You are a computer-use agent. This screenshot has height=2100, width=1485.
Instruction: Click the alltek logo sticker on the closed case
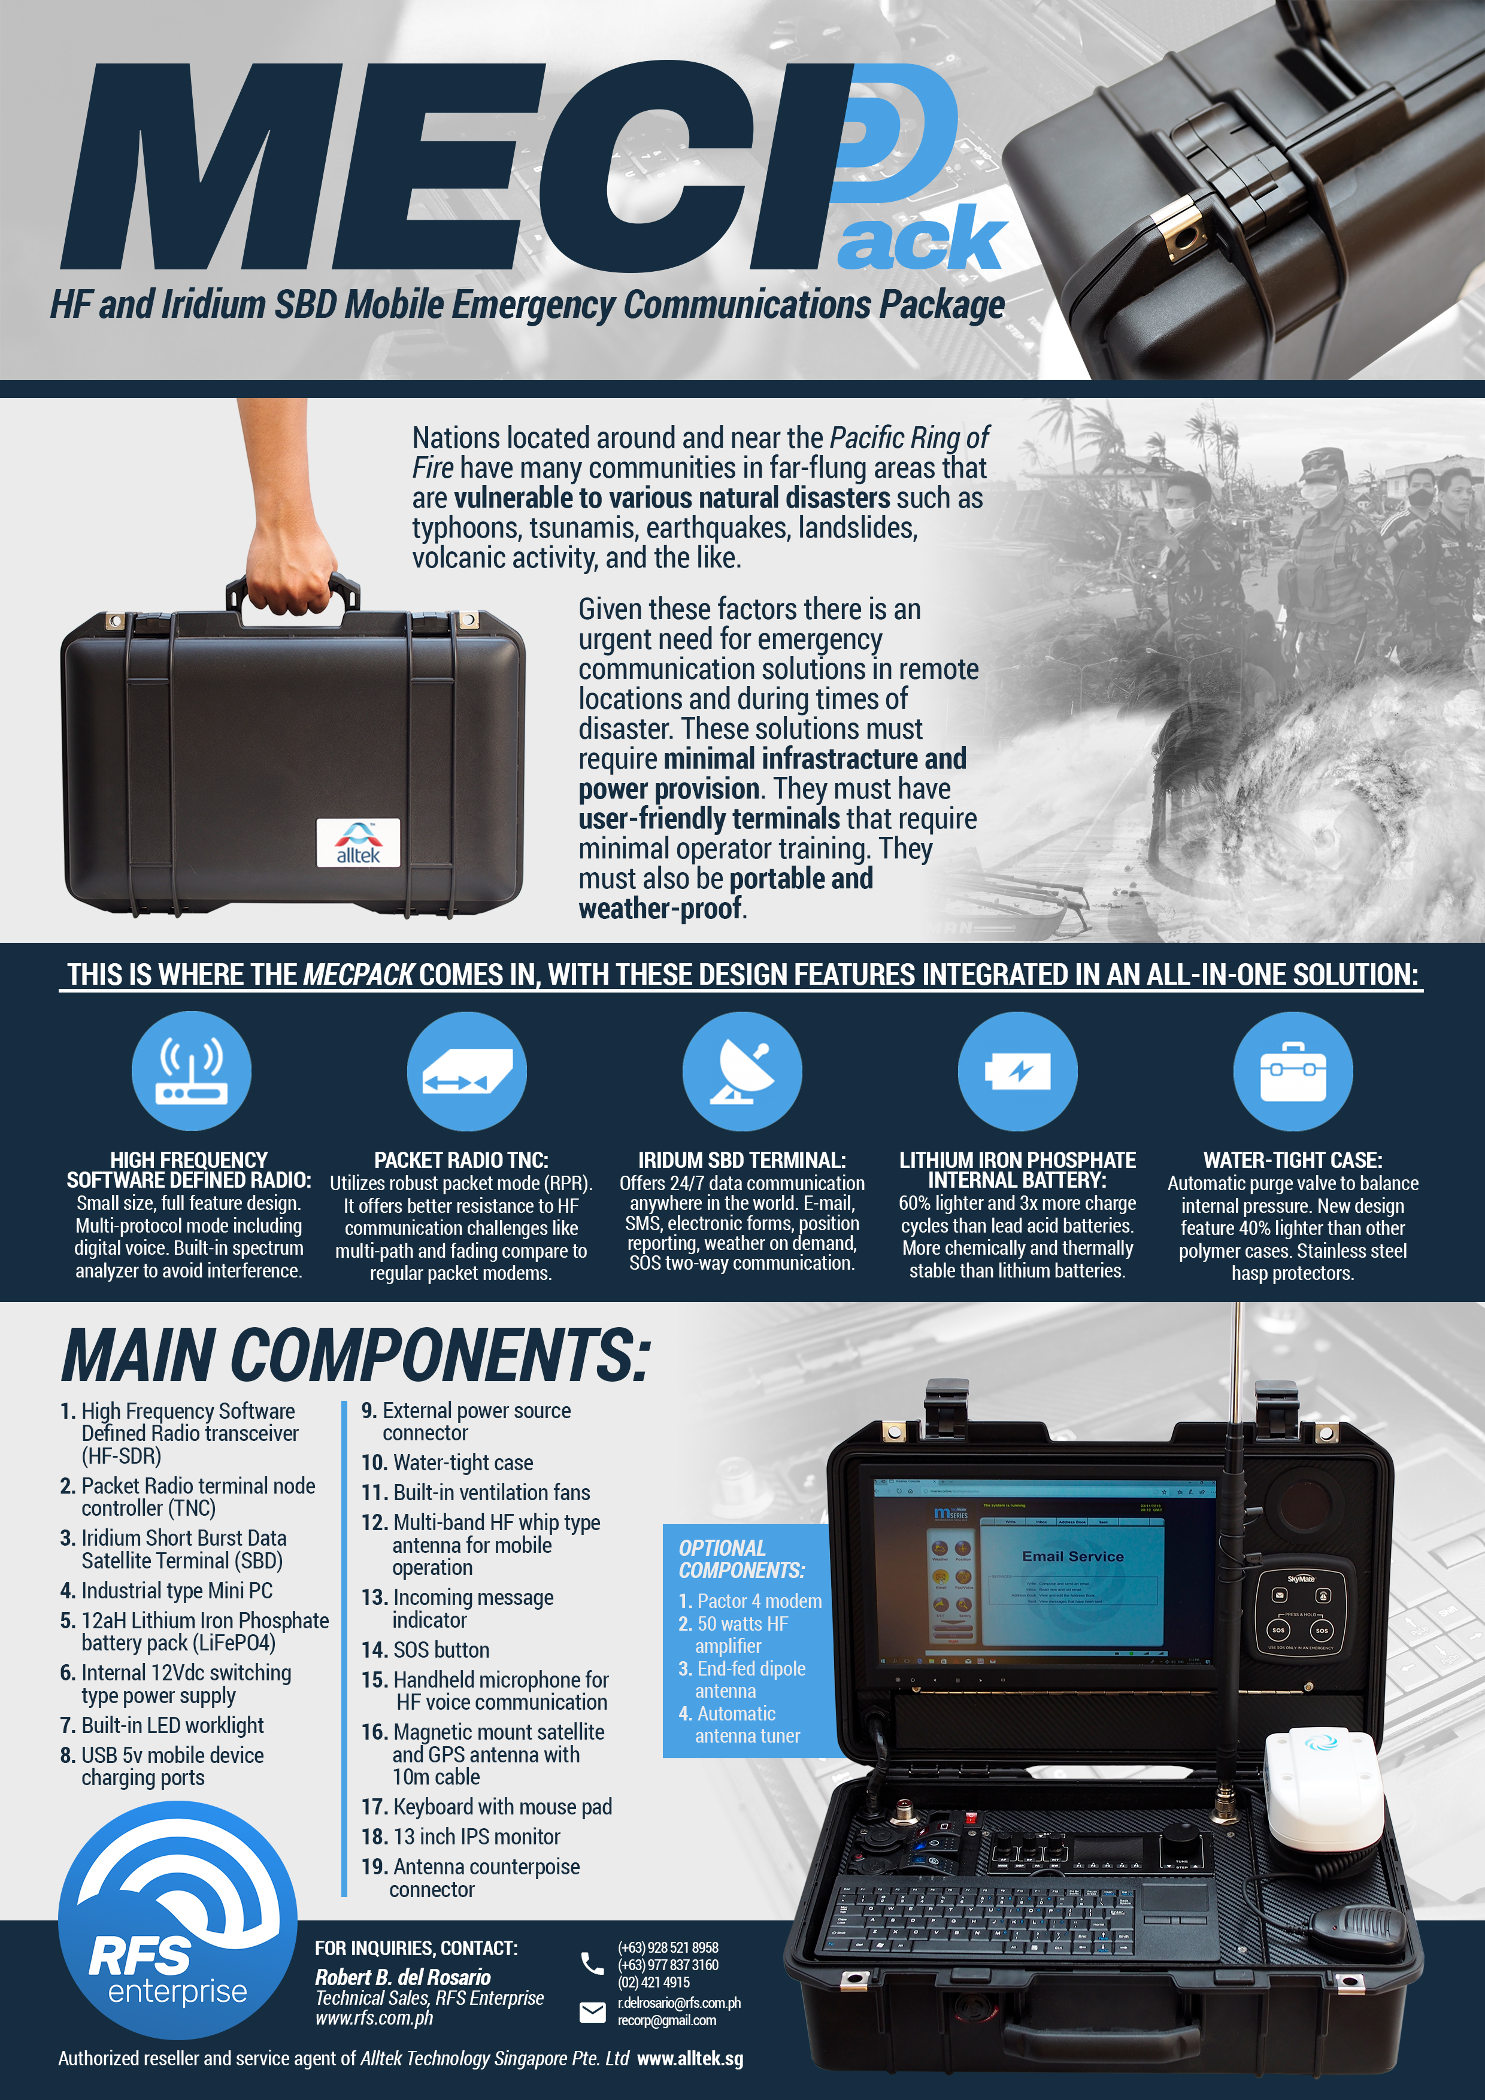click(357, 842)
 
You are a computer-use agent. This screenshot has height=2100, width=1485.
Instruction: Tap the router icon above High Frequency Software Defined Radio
click(191, 1070)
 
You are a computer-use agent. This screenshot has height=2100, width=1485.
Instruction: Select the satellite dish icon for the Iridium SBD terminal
click(742, 1070)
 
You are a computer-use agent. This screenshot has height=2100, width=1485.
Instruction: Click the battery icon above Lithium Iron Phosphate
click(1017, 1070)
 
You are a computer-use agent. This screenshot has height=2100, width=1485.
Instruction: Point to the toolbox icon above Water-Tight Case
click(1293, 1070)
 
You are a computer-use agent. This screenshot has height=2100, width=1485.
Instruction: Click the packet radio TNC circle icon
click(466, 1070)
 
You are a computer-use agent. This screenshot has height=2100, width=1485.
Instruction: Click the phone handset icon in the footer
click(592, 1963)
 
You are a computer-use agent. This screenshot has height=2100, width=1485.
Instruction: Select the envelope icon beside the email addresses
click(592, 2011)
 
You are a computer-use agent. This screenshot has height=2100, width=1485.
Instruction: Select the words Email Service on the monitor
click(1072, 1556)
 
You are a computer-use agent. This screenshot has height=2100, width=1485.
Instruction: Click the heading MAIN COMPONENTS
click(356, 1355)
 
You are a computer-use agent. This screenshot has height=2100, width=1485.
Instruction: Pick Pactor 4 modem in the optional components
click(750, 1601)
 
